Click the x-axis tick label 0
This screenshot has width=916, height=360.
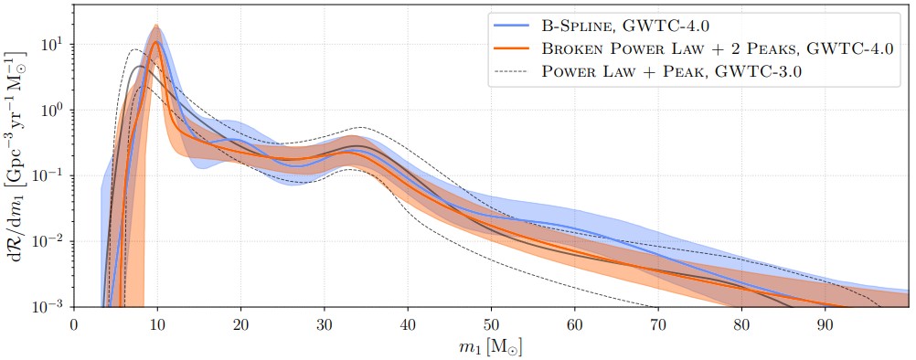point(74,323)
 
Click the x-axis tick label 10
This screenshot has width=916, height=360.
point(157,323)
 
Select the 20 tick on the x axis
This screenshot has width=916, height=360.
point(240,323)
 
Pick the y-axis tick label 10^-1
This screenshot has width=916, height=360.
point(50,175)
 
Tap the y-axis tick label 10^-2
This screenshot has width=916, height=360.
point(50,241)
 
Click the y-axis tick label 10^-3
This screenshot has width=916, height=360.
point(50,306)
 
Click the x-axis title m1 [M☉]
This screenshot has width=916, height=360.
point(491,346)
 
